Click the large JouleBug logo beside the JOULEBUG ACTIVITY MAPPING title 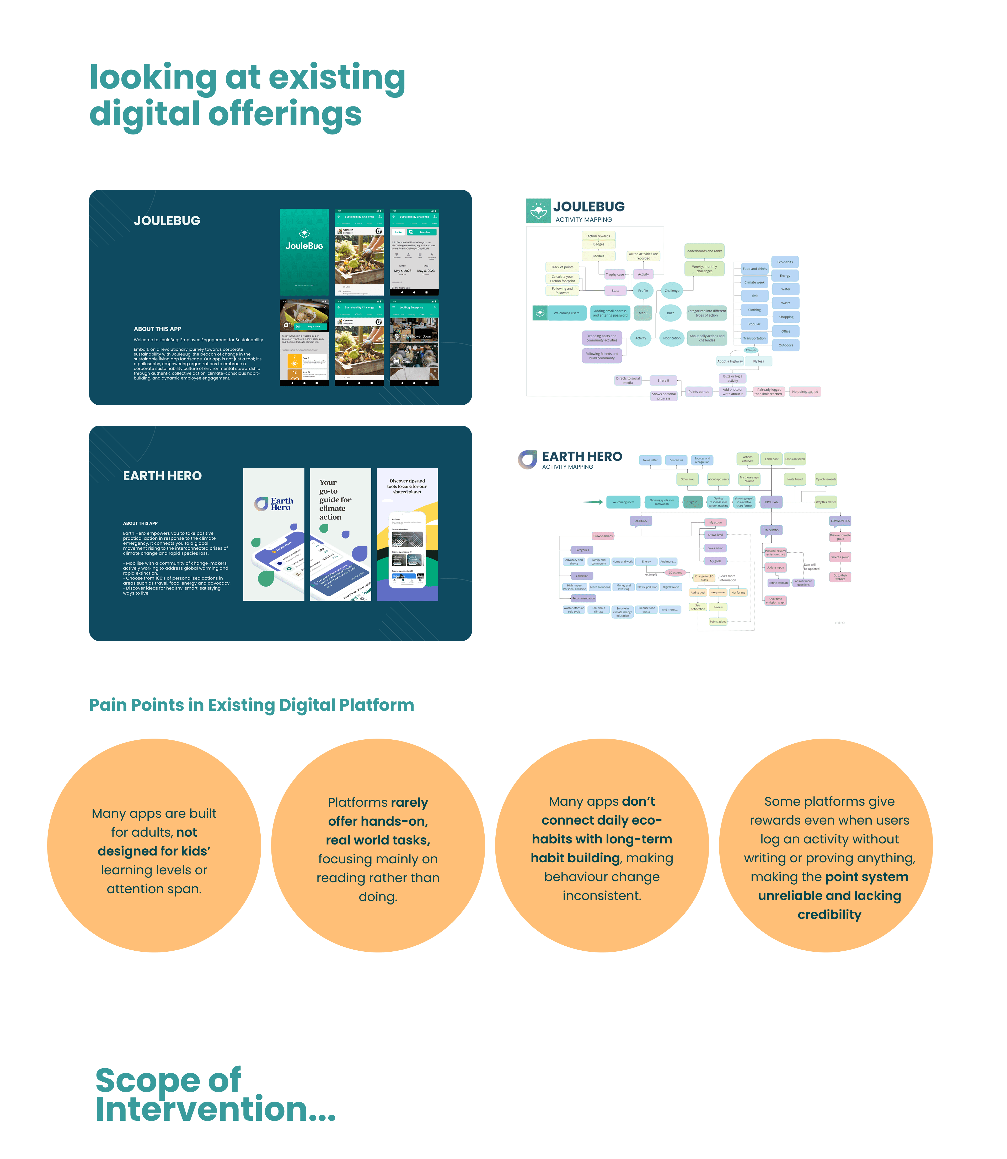[538, 211]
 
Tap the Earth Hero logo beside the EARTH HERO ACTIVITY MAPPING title [527, 459]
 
